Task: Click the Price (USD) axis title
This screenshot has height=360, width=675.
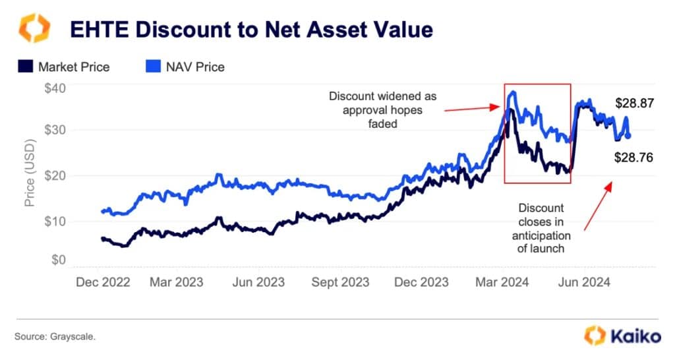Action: (x=30, y=173)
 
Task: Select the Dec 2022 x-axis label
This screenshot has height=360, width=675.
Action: (x=102, y=282)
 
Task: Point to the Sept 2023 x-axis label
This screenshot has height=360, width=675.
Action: (x=341, y=282)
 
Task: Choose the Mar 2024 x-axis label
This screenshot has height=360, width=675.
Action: (x=502, y=282)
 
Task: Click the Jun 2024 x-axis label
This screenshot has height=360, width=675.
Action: (x=583, y=282)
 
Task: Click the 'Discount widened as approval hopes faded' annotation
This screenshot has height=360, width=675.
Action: (x=382, y=109)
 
